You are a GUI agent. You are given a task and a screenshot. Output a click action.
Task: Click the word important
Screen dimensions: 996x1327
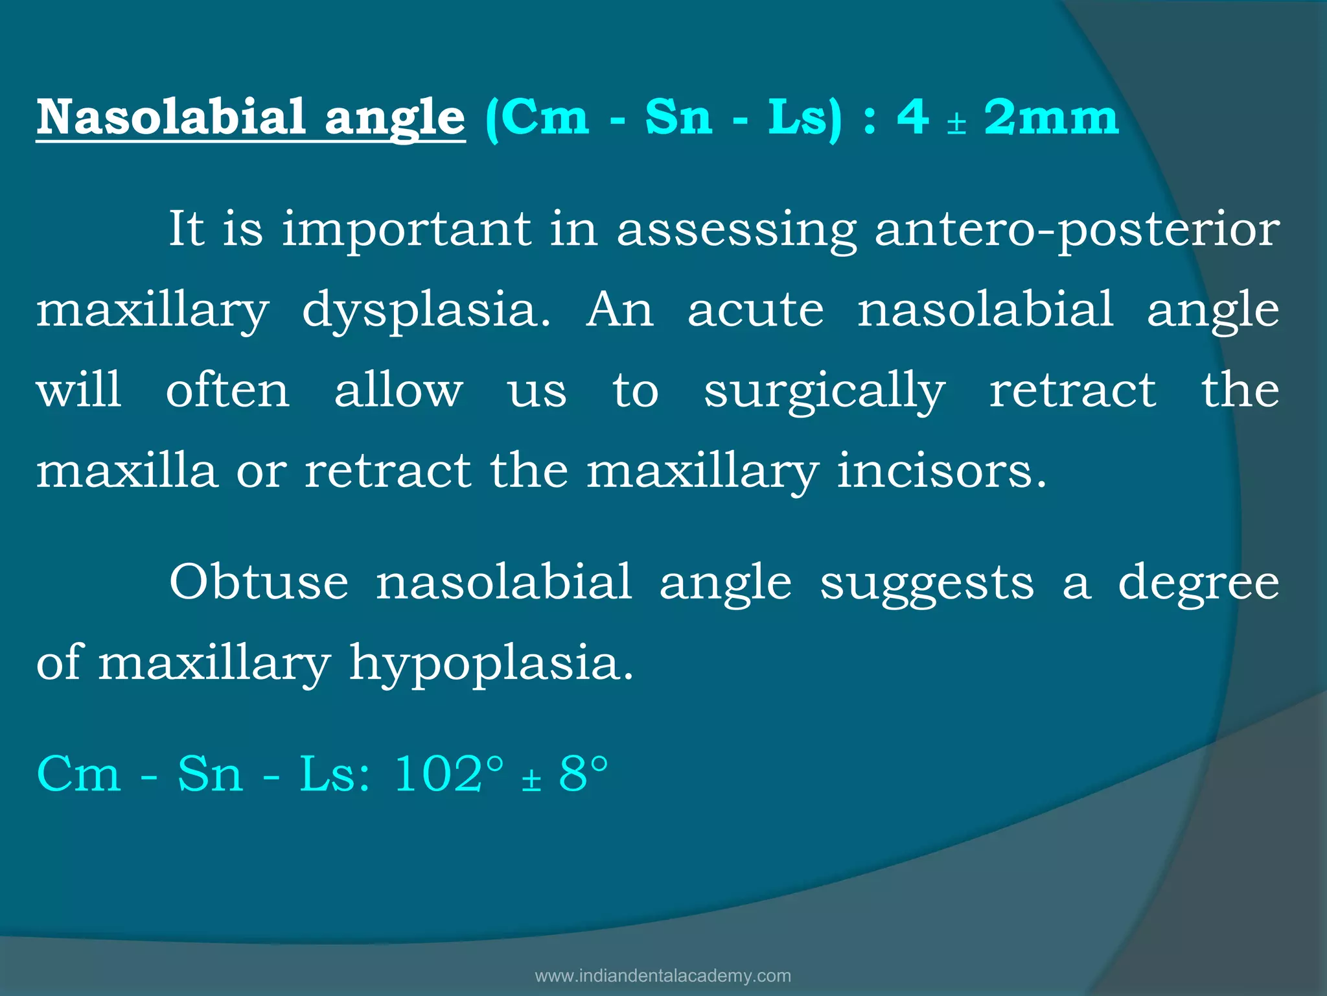406,230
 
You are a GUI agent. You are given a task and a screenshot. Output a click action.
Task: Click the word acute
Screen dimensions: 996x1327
756,310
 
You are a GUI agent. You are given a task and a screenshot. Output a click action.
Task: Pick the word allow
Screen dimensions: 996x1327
398,390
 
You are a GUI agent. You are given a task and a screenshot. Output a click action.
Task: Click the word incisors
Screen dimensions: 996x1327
941,471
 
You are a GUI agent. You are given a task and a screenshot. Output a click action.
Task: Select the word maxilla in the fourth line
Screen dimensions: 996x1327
126,471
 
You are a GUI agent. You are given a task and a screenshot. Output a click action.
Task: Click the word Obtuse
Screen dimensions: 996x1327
259,582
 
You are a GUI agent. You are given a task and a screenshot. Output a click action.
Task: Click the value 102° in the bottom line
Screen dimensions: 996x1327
448,774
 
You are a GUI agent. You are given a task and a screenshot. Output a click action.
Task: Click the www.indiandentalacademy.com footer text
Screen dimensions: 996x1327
663,975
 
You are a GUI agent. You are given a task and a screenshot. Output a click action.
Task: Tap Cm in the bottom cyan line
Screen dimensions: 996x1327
78,774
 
